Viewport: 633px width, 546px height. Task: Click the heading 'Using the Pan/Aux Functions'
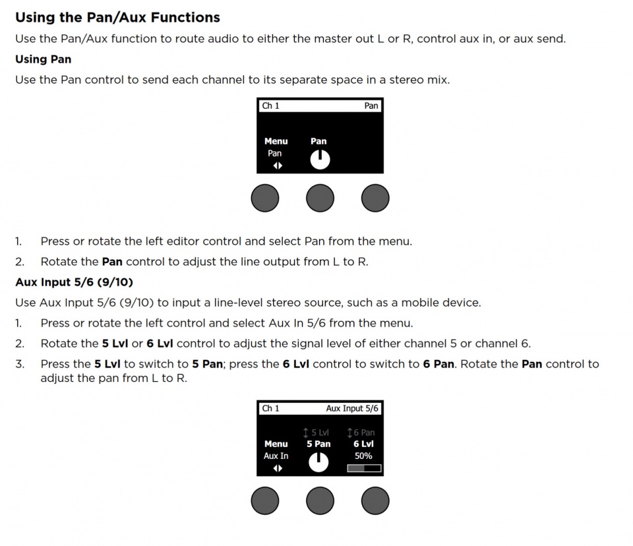117,17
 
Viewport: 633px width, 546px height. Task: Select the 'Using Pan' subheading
43,59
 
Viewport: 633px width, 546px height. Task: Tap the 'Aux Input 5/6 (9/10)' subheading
74,282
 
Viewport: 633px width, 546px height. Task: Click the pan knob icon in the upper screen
319,160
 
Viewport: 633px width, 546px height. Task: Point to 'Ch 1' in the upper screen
271,106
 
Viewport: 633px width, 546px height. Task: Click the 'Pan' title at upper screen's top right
371,106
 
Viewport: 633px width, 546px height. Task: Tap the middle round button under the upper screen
320,198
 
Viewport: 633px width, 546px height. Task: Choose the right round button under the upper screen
375,198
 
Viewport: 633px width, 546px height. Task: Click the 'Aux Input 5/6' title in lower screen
352,408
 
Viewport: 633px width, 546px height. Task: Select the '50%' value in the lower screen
363,456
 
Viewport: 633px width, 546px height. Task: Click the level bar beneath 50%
364,469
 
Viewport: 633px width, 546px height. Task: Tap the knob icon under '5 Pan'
319,463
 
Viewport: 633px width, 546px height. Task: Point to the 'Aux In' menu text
276,456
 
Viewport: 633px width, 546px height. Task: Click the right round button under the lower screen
375,501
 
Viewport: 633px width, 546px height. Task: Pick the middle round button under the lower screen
320,501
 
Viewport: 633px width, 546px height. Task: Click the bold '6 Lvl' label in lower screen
363,444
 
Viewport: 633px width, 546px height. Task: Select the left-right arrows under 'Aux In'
278,468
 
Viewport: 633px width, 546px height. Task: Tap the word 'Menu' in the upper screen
276,141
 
